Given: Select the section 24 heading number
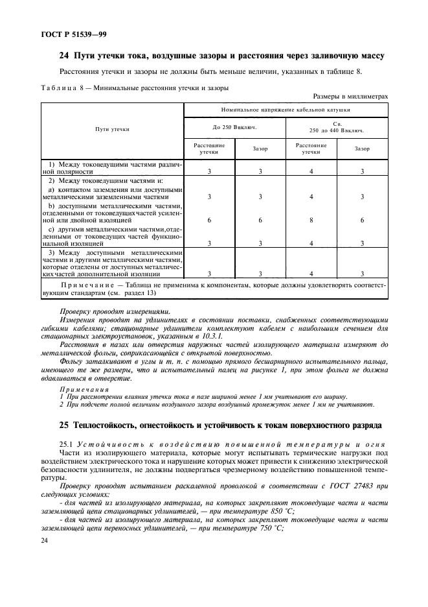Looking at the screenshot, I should [64, 56].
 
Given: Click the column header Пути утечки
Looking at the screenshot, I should [113, 129].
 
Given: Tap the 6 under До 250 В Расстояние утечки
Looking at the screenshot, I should [209, 220].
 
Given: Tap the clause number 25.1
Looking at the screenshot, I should [67, 442].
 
